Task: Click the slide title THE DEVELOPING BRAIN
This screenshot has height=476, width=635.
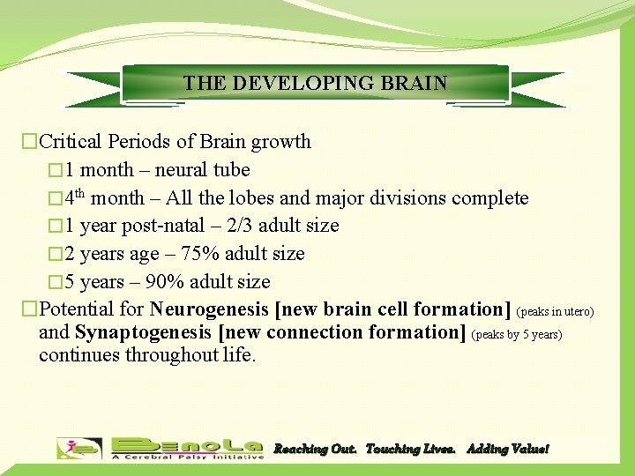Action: (x=315, y=84)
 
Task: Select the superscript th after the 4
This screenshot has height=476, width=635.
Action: (x=79, y=194)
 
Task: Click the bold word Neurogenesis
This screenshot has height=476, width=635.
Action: (x=210, y=309)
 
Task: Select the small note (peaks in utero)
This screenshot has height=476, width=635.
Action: (x=555, y=312)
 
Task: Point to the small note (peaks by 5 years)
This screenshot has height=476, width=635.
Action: (x=517, y=335)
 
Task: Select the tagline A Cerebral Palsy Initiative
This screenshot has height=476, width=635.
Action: (x=187, y=457)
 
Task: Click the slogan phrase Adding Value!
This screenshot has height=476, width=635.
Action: (x=507, y=450)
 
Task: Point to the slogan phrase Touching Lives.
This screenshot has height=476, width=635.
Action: (x=410, y=450)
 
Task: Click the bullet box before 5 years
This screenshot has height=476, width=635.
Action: (x=55, y=282)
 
